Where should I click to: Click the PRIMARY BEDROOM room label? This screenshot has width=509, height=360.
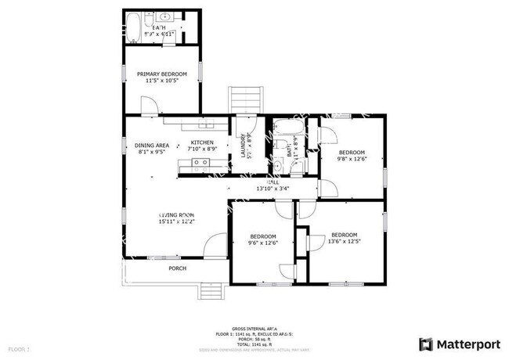click(162, 74)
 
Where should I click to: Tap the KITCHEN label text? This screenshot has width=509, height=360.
click(202, 142)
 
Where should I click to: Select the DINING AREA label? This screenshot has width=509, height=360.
click(152, 146)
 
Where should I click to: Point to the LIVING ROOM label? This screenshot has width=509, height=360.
click(176, 214)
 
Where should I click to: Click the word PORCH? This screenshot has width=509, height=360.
click(178, 268)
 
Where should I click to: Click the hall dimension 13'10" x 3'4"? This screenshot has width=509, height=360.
click(273, 189)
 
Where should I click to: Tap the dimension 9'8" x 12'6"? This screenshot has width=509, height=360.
click(352, 160)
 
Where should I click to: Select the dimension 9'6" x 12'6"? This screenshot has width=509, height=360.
click(263, 243)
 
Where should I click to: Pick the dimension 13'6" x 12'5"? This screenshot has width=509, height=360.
click(344, 242)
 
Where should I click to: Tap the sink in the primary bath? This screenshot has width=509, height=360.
click(165, 16)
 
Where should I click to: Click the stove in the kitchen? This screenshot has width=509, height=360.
click(198, 164)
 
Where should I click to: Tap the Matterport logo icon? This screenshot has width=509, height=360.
click(426, 344)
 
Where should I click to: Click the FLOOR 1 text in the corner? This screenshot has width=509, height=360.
click(19, 347)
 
